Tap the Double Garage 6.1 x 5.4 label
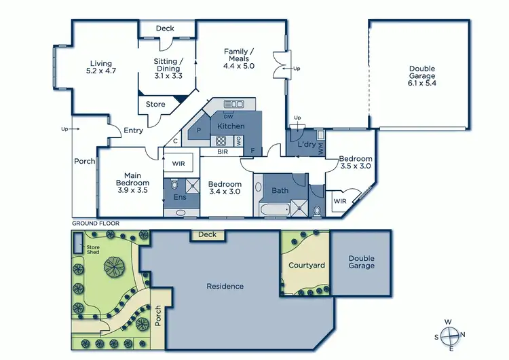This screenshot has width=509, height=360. [421, 73]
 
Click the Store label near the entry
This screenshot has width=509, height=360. [155, 105]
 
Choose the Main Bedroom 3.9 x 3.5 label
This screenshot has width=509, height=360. [132, 183]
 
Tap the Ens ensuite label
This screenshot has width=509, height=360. [179, 198]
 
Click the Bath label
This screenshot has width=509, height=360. [280, 191]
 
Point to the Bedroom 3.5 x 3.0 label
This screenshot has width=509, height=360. [354, 162]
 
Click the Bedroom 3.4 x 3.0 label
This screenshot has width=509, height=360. [225, 188]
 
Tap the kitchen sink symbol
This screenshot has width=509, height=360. [234, 104]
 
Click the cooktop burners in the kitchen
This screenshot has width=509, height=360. [221, 141]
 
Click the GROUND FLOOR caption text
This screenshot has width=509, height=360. [96, 223]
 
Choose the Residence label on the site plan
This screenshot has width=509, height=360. [225, 287]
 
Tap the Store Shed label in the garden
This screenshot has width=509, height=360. [92, 249]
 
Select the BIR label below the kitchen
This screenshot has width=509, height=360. [222, 152]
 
